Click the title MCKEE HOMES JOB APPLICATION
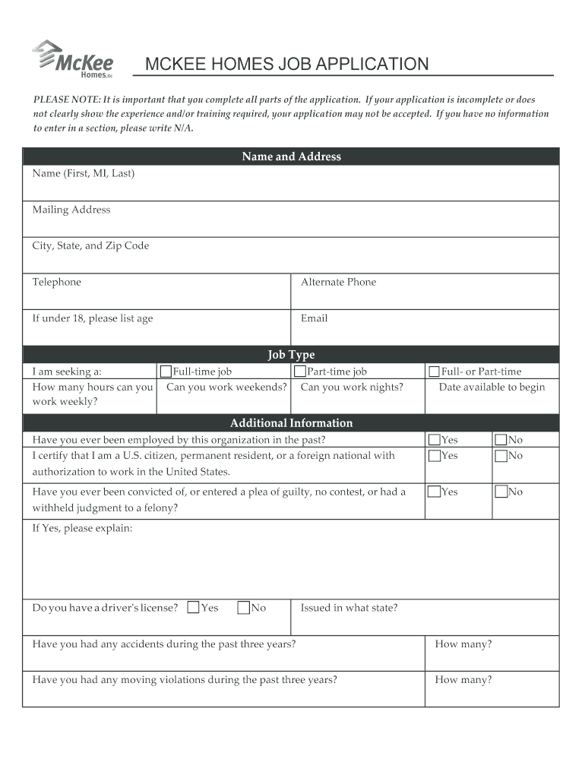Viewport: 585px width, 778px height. [286, 65]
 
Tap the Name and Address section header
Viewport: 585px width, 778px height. [291, 157]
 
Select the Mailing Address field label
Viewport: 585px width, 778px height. [71, 210]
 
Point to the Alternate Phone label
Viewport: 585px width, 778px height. [338, 282]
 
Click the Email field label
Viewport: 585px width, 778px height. [314, 318]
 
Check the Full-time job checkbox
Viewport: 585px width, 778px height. [166, 372]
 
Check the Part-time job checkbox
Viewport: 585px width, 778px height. [300, 372]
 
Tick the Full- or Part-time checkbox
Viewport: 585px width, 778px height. [435, 372]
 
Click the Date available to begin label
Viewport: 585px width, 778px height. [492, 387]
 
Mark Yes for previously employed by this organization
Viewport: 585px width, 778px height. [435, 440]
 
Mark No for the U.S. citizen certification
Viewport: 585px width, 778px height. [501, 456]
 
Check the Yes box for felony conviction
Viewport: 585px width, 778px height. [435, 492]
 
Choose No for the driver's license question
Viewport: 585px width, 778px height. [244, 607]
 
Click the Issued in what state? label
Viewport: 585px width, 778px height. [349, 608]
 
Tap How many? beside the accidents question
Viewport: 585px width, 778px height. [463, 644]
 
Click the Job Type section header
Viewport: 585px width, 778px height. [291, 355]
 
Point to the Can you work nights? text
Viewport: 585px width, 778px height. [352, 387]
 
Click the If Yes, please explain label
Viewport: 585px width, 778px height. [82, 528]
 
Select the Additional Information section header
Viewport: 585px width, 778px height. [291, 423]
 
